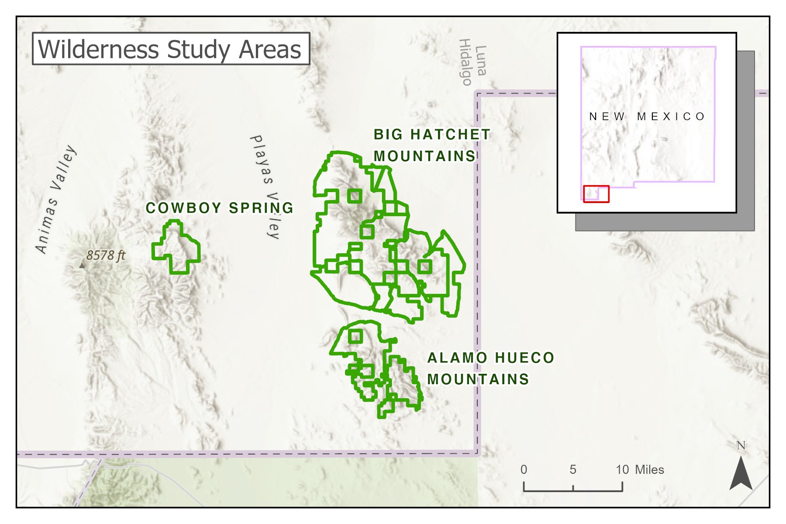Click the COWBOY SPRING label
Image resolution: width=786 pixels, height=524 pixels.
[219, 208]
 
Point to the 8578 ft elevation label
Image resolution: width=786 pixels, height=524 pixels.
[105, 255]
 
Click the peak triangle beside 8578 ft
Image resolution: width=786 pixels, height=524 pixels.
[82, 265]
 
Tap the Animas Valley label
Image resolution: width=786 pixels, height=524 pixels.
[56, 199]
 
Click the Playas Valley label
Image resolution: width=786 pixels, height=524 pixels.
[265, 186]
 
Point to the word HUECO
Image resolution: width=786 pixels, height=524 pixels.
[524, 358]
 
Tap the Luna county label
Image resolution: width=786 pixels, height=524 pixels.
[480, 61]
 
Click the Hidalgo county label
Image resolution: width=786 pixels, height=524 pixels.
[465, 62]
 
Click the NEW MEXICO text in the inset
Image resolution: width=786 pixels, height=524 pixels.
[647, 117]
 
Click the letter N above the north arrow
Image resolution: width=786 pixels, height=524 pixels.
[741, 446]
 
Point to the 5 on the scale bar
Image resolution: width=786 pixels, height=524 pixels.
[572, 470]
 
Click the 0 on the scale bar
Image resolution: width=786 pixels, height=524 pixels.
[524, 470]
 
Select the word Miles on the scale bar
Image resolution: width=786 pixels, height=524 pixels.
[649, 470]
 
